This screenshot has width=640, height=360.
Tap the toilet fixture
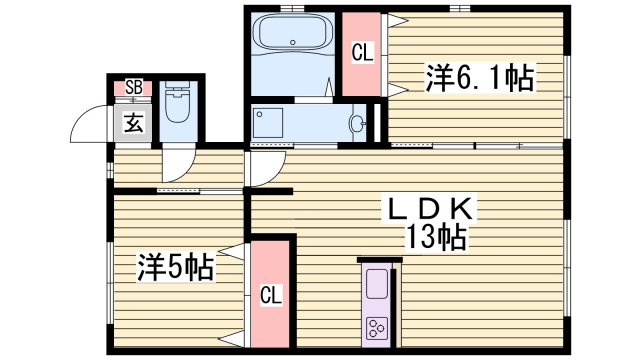pyautogui.click(x=178, y=103)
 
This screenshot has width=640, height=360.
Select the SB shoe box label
pyautogui.click(x=133, y=87)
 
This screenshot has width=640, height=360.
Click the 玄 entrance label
pyautogui.click(x=133, y=123)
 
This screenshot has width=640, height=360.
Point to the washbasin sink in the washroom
pyautogui.click(x=356, y=123)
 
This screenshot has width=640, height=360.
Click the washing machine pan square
pyautogui.click(x=268, y=123)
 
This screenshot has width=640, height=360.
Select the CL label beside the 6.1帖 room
pyautogui.click(x=362, y=53)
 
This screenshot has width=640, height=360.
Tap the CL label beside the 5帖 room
pyautogui.click(x=271, y=295)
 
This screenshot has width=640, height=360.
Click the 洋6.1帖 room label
pyautogui.click(x=480, y=77)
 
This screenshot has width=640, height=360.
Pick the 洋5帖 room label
pyautogui.click(x=175, y=267)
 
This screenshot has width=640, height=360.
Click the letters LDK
pyautogui.click(x=430, y=209)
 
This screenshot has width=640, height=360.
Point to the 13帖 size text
pyautogui.click(x=435, y=238)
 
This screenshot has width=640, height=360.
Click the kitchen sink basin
pyautogui.click(x=376, y=283)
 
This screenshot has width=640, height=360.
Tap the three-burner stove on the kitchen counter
pyautogui.click(x=376, y=328)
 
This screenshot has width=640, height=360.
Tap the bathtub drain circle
pyautogui.click(x=292, y=42)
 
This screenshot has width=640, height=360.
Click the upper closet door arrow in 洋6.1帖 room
pyautogui.click(x=397, y=20)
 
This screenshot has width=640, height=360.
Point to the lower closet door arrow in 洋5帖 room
pyautogui.click(x=233, y=340)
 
